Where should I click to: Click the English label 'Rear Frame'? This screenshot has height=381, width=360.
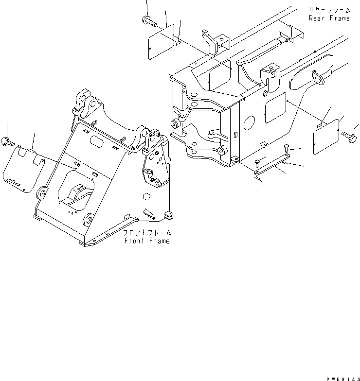329,18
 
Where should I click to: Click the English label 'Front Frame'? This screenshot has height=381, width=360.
147,241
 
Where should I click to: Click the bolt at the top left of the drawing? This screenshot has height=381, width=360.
148,21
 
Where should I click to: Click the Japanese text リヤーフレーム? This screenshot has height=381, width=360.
329,10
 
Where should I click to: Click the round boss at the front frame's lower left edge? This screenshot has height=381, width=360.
42,193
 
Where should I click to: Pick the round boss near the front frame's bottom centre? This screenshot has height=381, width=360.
89,221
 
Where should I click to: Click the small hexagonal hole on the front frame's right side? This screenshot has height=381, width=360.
145,197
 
